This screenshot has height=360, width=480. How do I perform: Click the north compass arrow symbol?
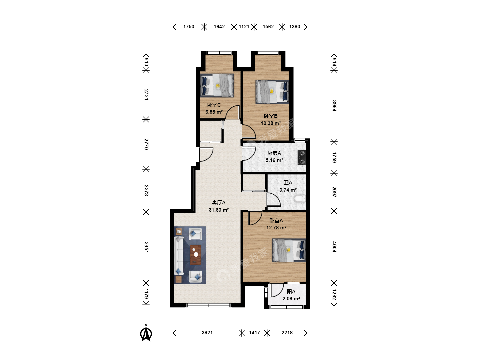tap(146, 333)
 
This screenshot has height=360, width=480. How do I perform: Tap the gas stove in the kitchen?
tap(302, 157)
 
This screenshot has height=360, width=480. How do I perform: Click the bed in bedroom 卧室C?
tap(217, 85)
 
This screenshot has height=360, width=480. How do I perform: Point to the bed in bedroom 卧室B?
tap(272, 91)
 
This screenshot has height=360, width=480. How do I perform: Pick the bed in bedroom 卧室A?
tap(289, 250)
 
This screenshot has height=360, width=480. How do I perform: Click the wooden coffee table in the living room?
tap(195, 255)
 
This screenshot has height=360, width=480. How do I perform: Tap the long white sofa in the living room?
tap(179, 256)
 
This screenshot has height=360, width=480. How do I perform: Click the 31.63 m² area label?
tap(219, 210)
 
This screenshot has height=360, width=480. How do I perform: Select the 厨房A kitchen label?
tap(274, 153)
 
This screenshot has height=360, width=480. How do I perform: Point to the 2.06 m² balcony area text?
tap(291, 299)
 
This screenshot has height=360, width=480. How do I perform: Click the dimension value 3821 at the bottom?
tap(207, 333)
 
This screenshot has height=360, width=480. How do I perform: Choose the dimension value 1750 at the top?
tap(189, 27)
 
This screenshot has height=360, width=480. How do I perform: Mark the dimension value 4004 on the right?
tap(334, 247)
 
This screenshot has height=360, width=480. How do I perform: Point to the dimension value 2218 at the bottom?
tap(287, 333)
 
